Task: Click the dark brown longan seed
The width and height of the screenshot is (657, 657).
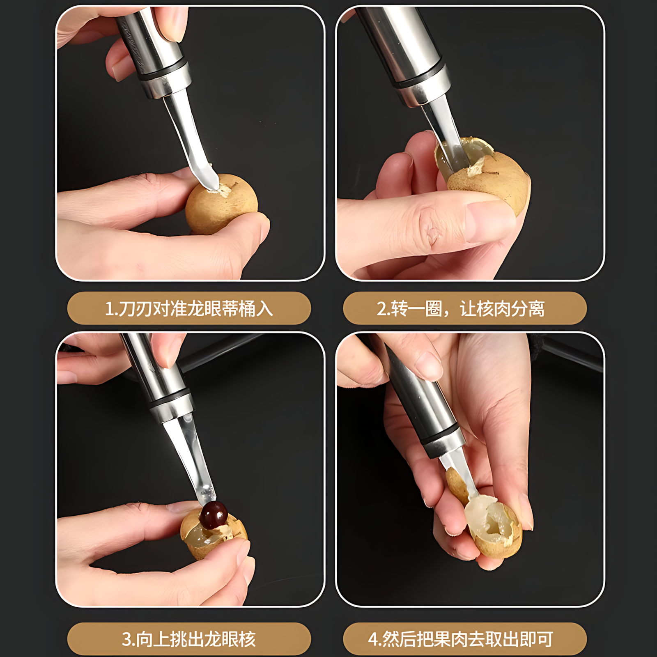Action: click(x=214, y=514)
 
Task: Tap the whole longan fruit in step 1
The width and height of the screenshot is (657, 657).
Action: click(x=222, y=205)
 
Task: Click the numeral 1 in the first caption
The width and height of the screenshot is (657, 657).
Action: click(x=110, y=309)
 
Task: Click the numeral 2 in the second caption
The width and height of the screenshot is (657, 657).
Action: click(x=381, y=309)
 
